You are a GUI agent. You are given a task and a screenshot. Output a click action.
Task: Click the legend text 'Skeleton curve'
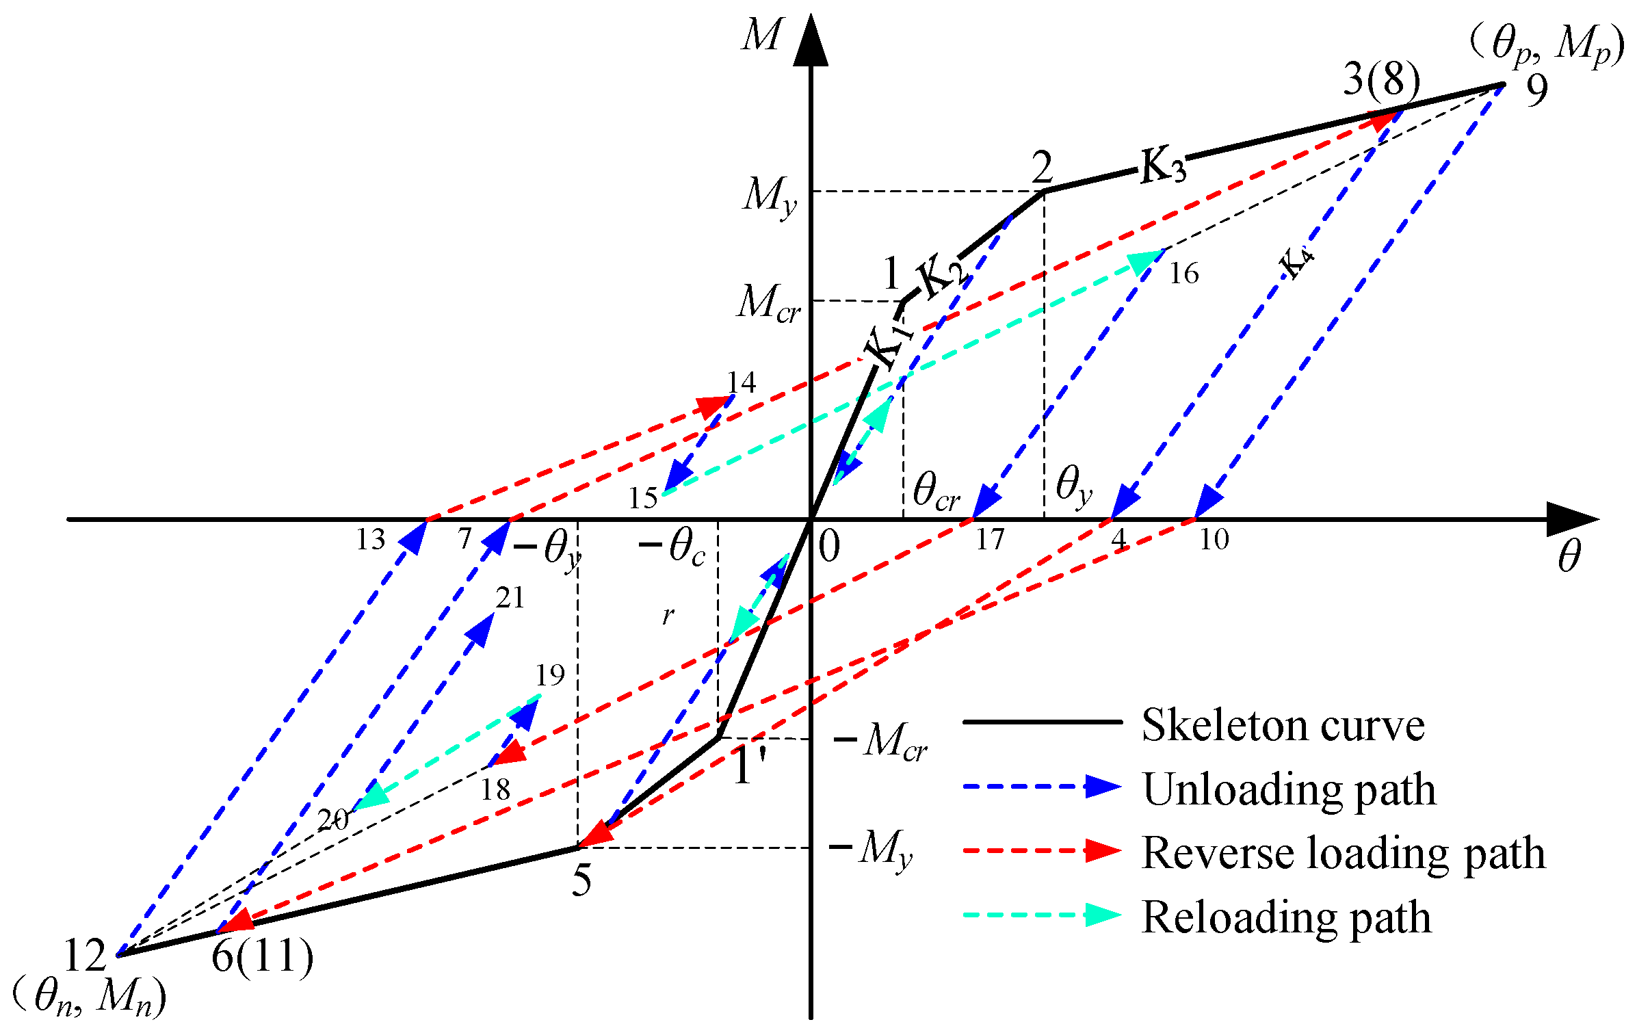click(1283, 726)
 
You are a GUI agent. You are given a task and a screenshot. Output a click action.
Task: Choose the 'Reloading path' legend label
click(1286, 918)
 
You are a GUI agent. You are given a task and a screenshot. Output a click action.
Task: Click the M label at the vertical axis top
click(761, 36)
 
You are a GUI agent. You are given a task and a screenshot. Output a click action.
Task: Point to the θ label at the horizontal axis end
click(1569, 555)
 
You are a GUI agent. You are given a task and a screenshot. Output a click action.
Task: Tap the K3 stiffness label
click(1162, 166)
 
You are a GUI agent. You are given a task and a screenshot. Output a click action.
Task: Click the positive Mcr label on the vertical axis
click(768, 303)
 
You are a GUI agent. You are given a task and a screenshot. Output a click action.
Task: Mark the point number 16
click(1183, 274)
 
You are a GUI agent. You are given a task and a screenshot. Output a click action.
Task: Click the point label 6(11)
click(262, 956)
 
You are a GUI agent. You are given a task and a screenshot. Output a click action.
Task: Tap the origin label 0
click(829, 547)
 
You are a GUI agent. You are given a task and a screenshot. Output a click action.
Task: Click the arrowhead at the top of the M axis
click(811, 42)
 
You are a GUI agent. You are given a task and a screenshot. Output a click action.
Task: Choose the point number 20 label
click(333, 820)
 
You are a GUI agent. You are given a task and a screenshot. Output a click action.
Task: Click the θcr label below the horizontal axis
click(935, 491)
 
